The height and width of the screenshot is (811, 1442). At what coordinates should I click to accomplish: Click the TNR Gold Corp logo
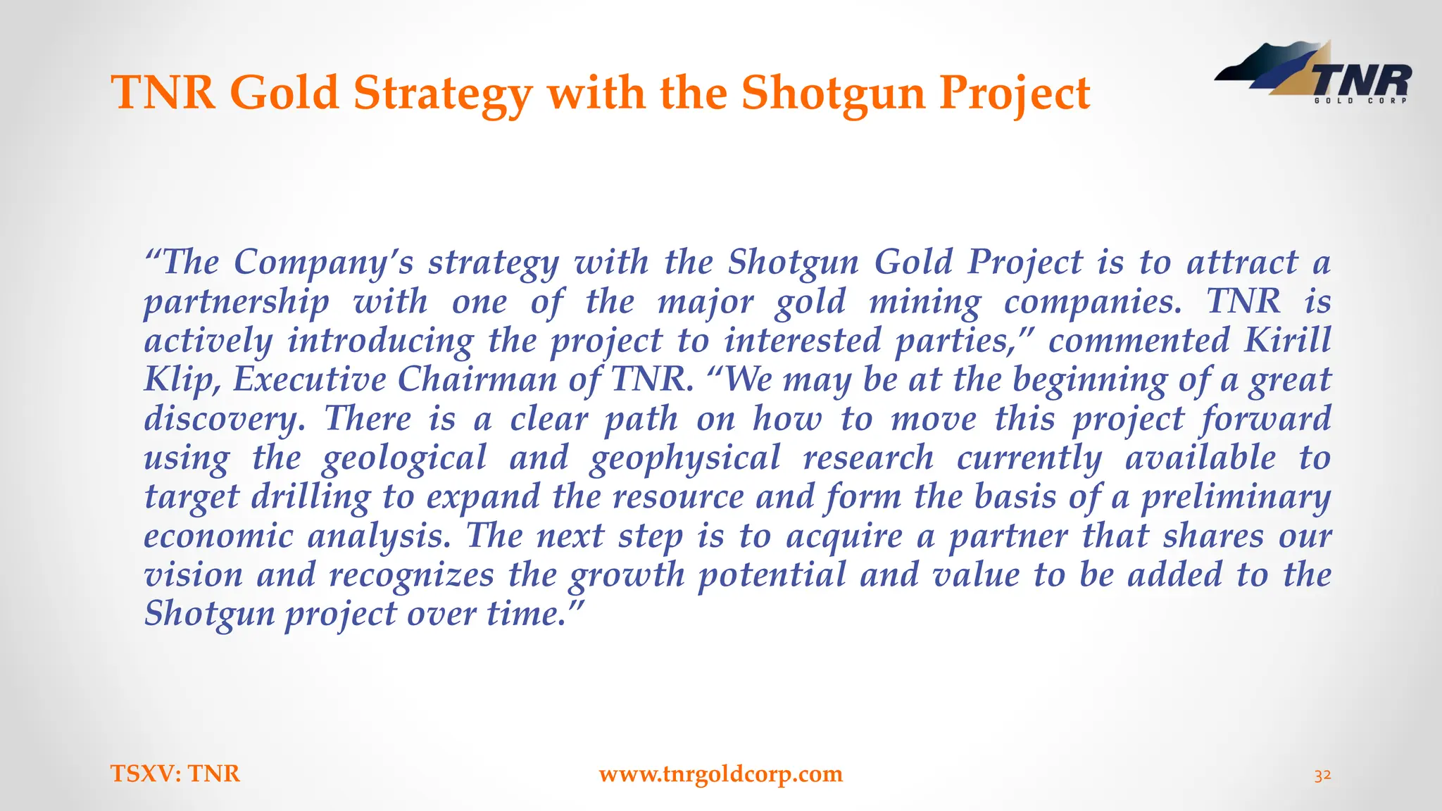tap(1314, 75)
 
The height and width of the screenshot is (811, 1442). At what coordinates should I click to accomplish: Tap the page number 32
tap(1322, 775)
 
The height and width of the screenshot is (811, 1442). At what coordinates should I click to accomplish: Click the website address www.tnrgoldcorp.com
tap(720, 774)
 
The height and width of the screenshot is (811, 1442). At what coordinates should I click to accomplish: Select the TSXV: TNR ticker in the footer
tap(175, 774)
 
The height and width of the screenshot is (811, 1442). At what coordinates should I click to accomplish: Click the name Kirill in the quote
tap(1288, 341)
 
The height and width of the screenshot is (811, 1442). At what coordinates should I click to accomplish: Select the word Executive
tap(309, 380)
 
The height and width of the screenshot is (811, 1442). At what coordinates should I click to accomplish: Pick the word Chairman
tap(477, 380)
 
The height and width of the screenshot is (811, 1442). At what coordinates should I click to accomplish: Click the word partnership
tap(237, 303)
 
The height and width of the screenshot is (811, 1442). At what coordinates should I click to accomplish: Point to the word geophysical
tap(685, 459)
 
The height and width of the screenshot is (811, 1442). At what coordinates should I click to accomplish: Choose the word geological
tap(404, 459)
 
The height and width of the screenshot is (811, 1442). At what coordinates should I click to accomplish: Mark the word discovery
tap(225, 420)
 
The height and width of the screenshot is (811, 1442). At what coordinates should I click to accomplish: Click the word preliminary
tap(1236, 498)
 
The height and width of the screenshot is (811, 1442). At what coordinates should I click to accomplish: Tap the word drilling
tap(311, 498)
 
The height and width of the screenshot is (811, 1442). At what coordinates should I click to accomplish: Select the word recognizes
tap(412, 575)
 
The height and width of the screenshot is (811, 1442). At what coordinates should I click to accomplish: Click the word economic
tap(218, 536)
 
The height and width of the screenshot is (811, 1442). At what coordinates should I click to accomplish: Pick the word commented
tap(1139, 341)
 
